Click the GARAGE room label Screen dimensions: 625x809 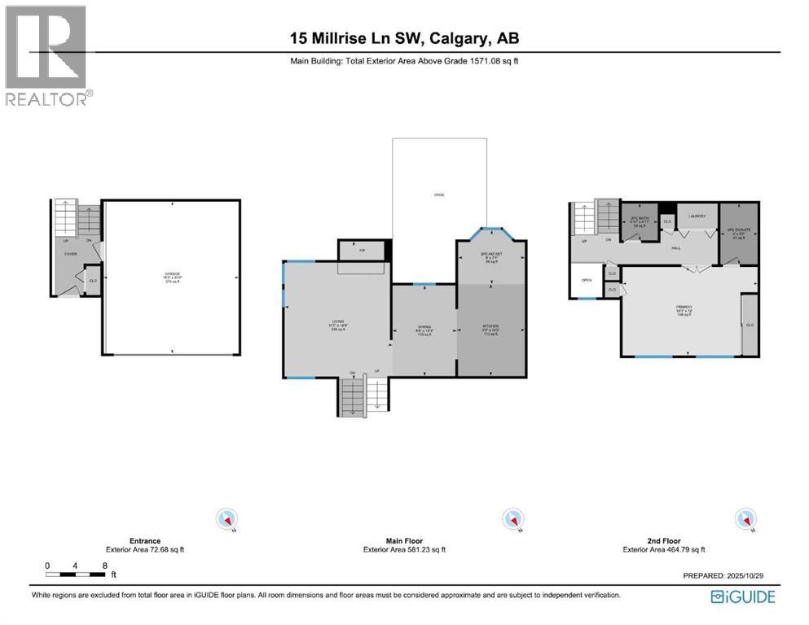coord(171,274)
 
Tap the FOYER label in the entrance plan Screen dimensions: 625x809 coord(71,253)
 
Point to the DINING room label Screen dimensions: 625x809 coord(423,327)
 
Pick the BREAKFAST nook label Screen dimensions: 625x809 coord(490,256)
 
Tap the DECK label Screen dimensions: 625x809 coord(439,194)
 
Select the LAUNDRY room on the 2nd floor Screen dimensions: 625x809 coord(697,216)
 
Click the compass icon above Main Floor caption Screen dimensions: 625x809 coord(512,518)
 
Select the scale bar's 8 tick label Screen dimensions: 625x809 coord(104,565)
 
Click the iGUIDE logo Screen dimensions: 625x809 coord(743,597)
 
